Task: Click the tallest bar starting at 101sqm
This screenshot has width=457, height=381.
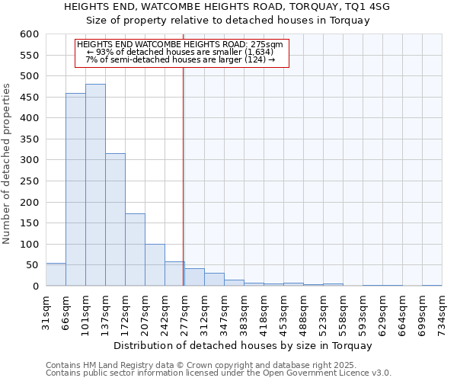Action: pos(95,185)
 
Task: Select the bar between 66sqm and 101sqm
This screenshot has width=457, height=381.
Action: pos(75,190)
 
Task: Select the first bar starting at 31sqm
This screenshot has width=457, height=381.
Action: pos(56,274)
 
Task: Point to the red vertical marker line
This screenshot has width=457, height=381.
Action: pos(184,175)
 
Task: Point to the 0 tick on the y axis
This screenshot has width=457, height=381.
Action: pos(35,287)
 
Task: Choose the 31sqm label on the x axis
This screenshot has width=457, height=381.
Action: pos(46,312)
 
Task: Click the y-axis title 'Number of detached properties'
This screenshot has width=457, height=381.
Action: pos(7,164)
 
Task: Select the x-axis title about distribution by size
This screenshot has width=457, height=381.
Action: pos(244,345)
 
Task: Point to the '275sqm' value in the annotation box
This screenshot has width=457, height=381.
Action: pos(267,44)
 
